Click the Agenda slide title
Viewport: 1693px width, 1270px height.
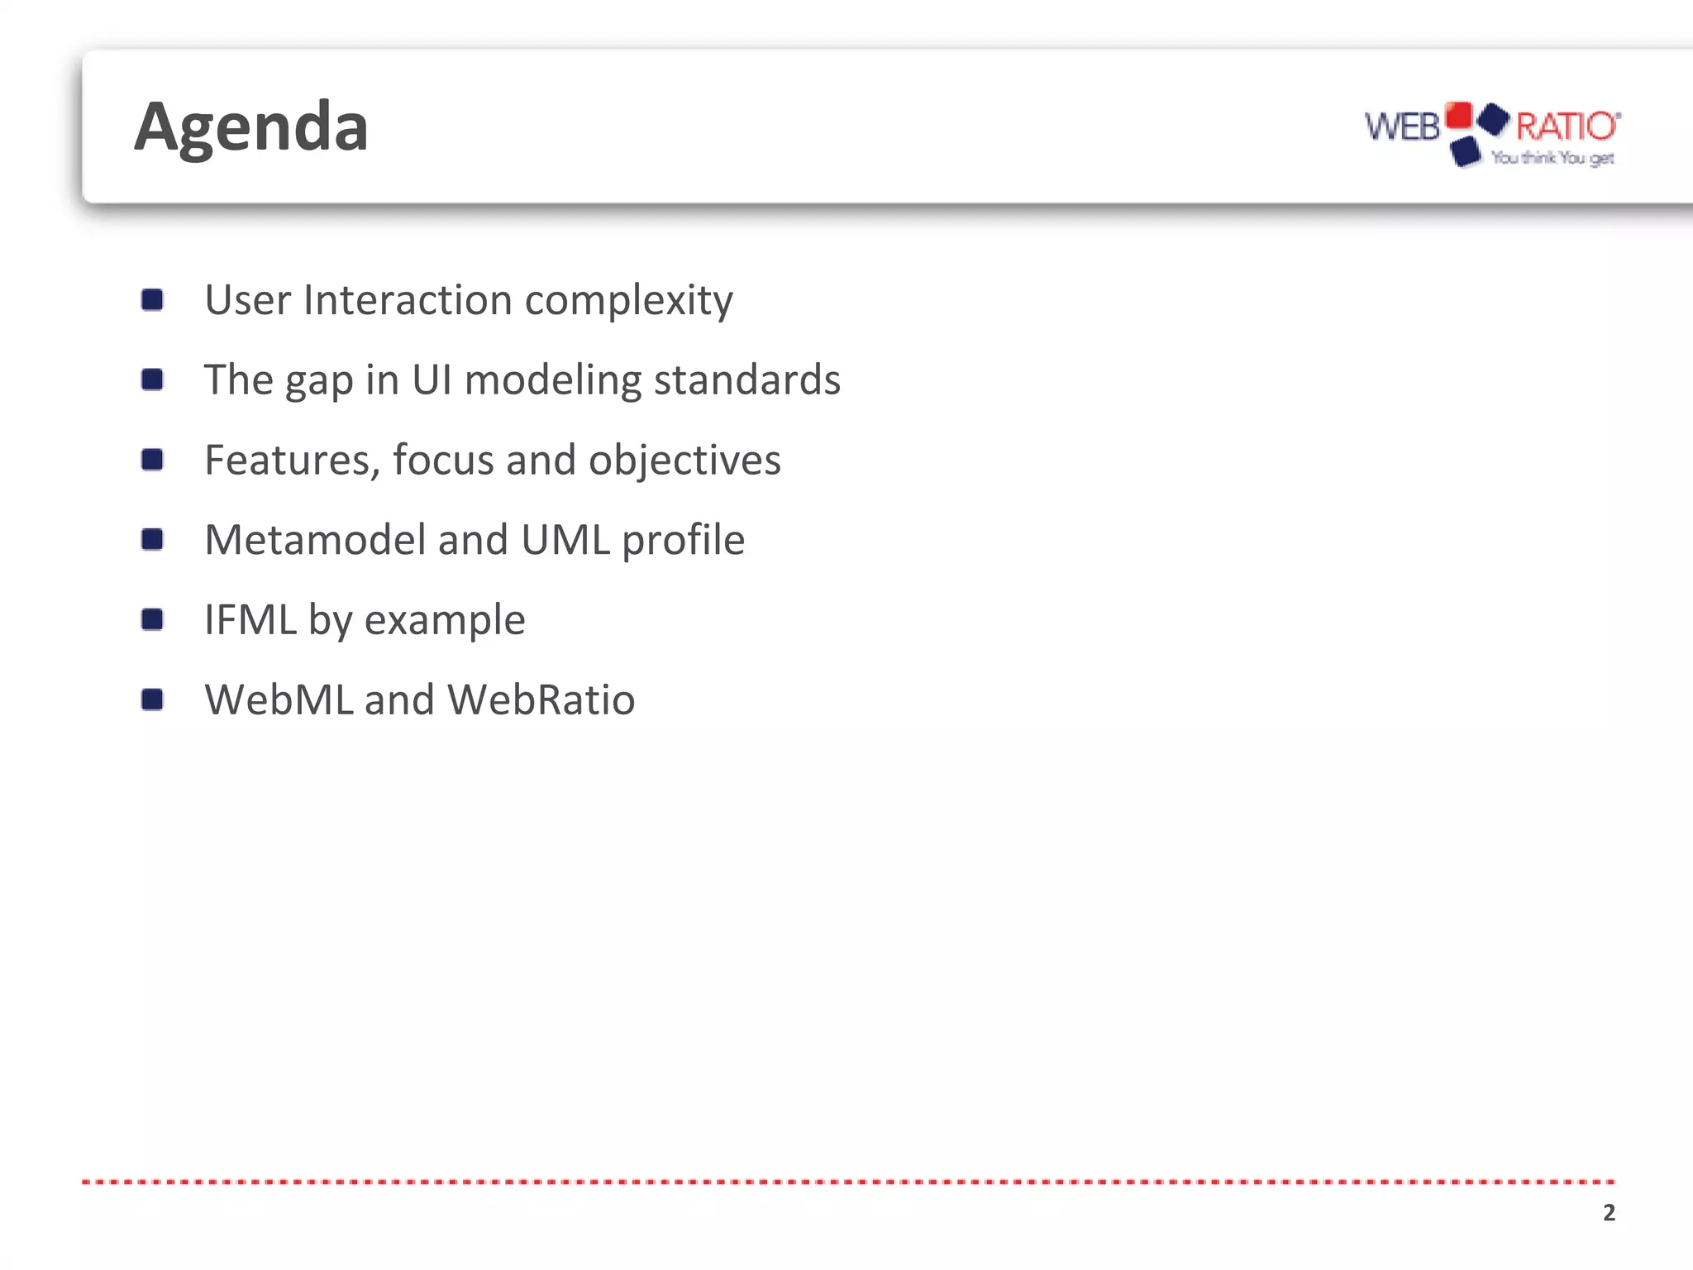(251, 127)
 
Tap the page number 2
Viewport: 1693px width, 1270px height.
(1609, 1212)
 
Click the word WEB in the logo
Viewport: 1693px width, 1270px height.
(1402, 127)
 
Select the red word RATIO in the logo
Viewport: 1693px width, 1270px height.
(1566, 127)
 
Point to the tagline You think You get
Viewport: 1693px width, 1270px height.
(1552, 157)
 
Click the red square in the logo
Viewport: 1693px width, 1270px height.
(1459, 115)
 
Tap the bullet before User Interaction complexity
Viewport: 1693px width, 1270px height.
(152, 299)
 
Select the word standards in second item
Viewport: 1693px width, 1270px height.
(746, 380)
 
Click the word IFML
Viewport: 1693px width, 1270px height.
(250, 619)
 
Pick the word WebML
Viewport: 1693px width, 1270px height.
(279, 699)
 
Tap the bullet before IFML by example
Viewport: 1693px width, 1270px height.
(152, 619)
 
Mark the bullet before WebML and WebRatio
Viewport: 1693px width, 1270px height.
(152, 699)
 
